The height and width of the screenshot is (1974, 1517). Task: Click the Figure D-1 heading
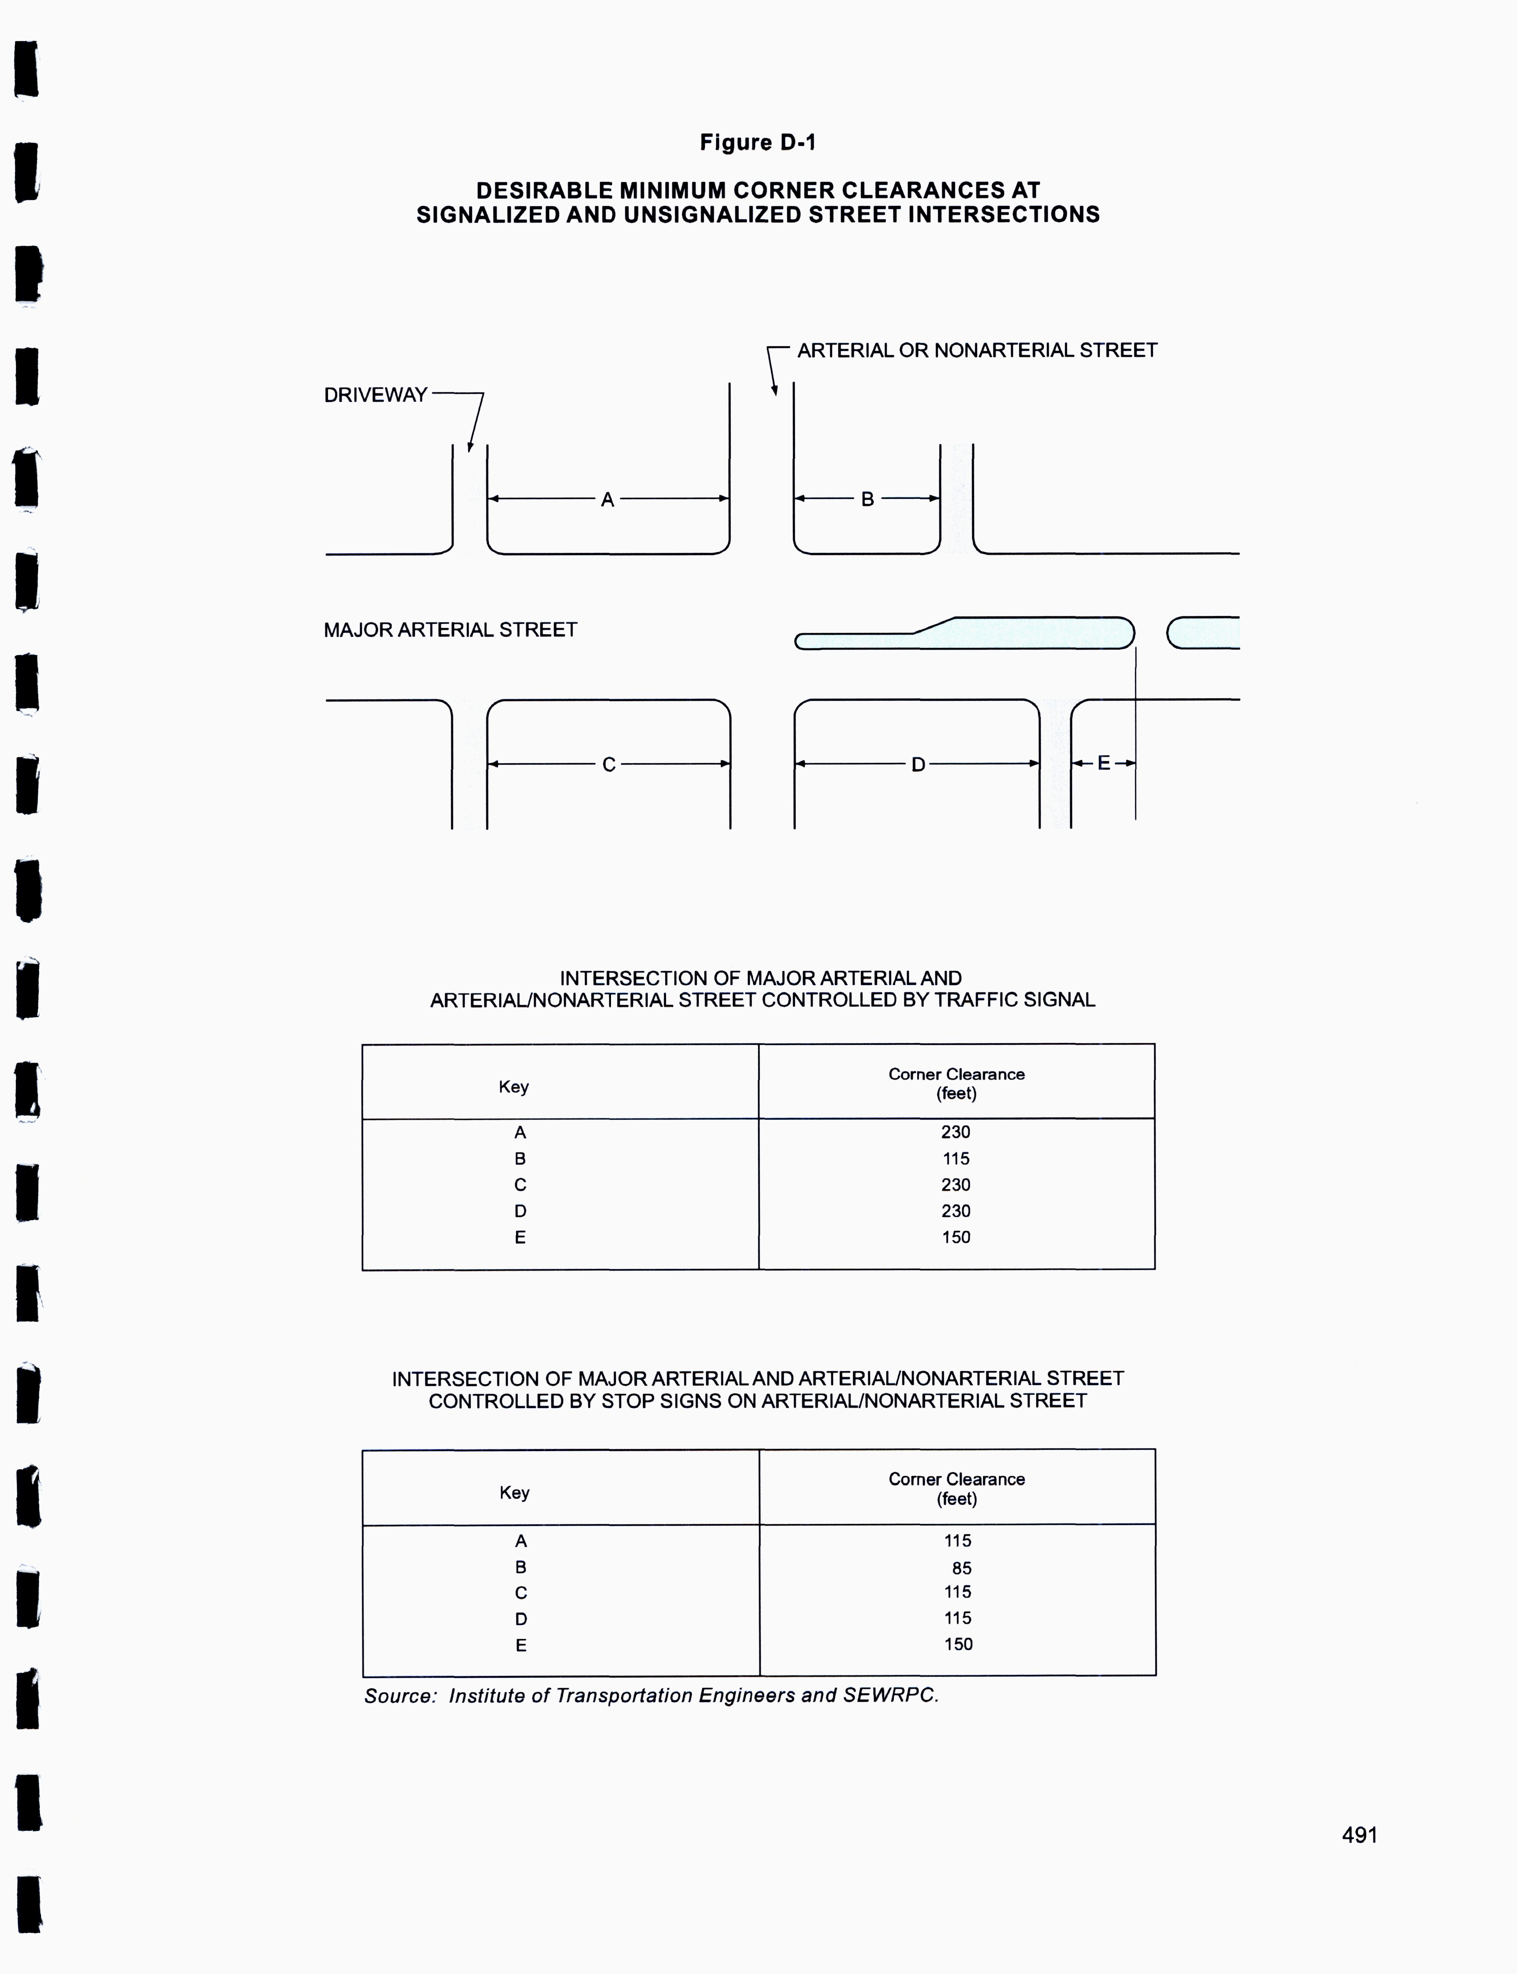758,143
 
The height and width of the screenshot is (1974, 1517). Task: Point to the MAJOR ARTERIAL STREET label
450,630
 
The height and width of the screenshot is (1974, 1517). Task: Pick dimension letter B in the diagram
867,499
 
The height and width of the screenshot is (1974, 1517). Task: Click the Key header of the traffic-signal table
514,1087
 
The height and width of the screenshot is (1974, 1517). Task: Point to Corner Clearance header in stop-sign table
956,1480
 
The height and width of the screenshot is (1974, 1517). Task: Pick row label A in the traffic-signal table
520,1132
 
